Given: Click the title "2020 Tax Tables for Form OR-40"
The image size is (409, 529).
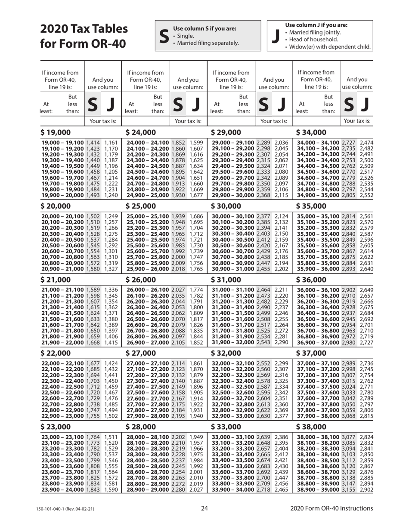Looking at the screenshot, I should coord(84,36).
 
